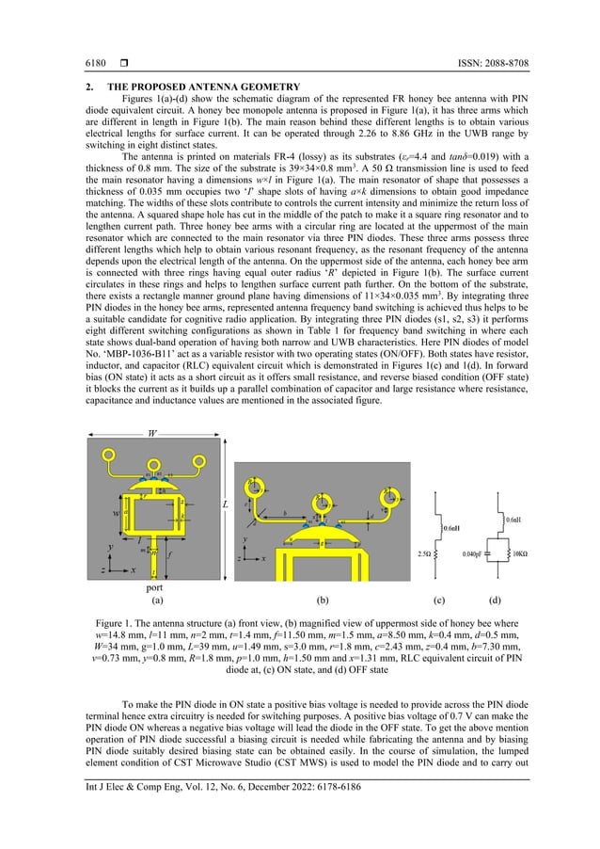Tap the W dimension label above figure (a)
click(152, 434)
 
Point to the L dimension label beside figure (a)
click(225, 505)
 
